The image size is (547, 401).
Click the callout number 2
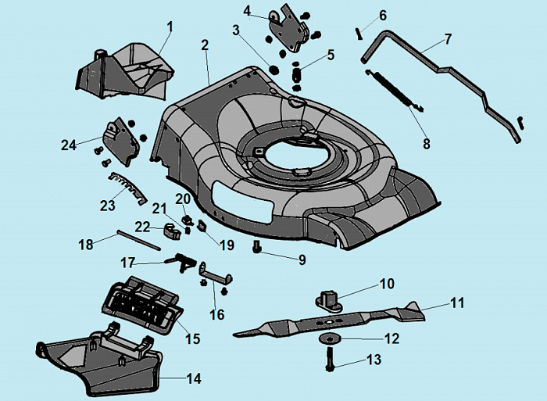205,45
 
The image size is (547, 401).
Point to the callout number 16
217,314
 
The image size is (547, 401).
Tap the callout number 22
142,226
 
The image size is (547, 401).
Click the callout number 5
331,55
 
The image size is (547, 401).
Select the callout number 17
127,261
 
